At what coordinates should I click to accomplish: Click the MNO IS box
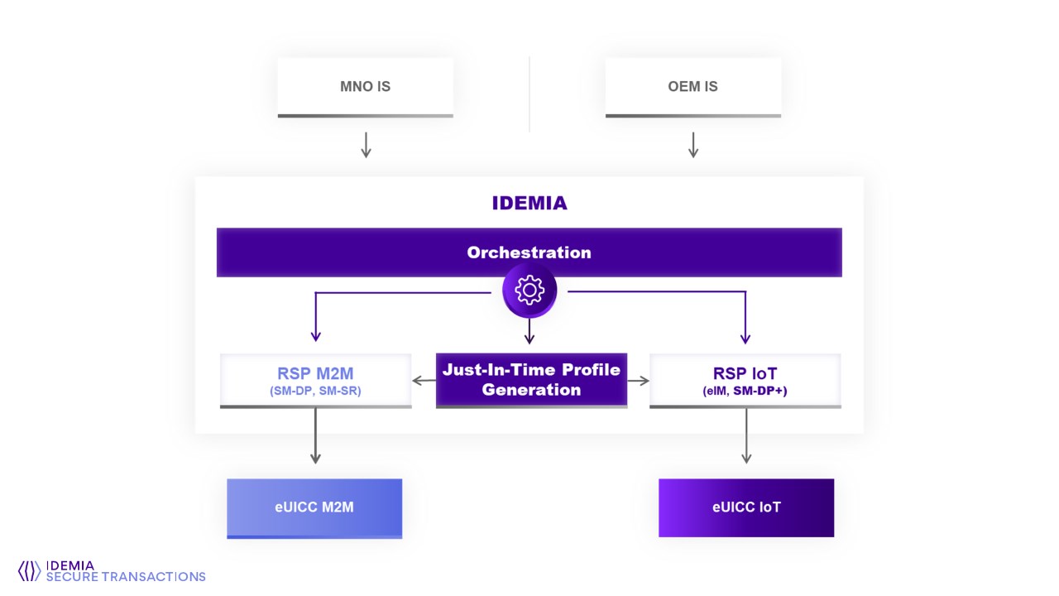(365, 87)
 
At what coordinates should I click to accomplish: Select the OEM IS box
(692, 87)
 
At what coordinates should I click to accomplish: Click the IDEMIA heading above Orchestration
(529, 203)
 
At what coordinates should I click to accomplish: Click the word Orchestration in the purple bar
(529, 252)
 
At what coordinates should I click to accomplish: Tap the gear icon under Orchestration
(529, 291)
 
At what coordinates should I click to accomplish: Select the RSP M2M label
(315, 372)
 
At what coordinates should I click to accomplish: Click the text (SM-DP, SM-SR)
(315, 391)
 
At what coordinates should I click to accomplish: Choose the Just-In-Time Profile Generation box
(531, 380)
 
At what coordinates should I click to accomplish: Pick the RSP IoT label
(745, 372)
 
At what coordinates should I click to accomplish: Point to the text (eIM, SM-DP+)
(745, 391)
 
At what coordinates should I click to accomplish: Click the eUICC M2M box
(314, 507)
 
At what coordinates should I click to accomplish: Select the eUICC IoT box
(746, 507)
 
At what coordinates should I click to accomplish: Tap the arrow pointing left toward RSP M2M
(424, 381)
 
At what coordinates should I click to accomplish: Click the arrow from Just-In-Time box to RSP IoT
(638, 381)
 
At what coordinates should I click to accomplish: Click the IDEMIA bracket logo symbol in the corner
(29, 570)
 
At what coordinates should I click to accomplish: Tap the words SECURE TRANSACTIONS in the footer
(126, 576)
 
